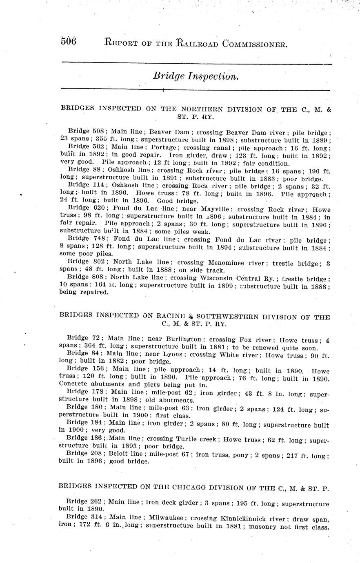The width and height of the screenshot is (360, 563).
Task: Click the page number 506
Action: pos(69,42)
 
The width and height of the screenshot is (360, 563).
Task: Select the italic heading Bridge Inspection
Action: pos(196,76)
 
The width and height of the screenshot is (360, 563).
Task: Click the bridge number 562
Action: pos(99,147)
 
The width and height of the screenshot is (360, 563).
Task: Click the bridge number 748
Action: pos(99,239)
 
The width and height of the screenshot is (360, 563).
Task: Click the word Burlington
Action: pos(186,339)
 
